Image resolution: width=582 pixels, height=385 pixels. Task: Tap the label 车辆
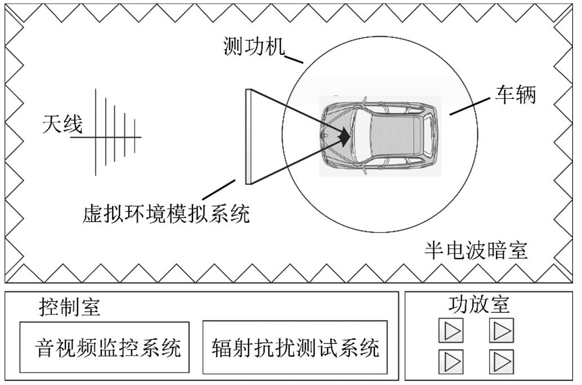coord(515,95)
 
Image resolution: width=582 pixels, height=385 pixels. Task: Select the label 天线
coord(62,124)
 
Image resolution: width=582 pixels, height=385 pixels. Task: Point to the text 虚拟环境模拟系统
coord(165,214)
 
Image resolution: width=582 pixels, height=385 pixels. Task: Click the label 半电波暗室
coord(476,250)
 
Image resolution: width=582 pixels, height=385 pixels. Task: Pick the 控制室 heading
coord(70,307)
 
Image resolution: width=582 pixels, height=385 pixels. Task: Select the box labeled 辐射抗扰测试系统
coord(295,347)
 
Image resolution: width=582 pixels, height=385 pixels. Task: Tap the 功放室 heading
coord(478,304)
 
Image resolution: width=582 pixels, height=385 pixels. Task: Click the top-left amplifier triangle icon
coord(451,331)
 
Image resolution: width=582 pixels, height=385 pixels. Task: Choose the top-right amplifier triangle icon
coord(501,331)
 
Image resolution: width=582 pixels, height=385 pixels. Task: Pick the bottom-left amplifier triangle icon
coord(451,361)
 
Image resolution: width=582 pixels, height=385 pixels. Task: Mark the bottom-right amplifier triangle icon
coord(501,361)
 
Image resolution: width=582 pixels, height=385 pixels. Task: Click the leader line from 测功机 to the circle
coord(294,57)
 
